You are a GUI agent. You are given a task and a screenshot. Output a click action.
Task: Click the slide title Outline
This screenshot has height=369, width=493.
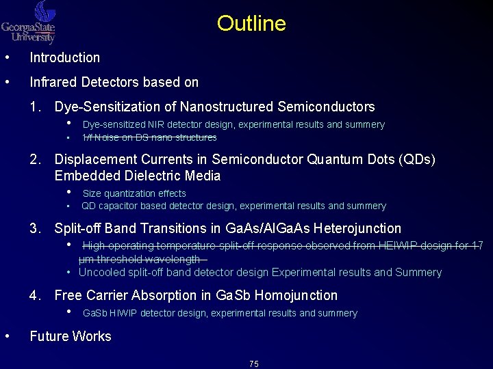point(251,24)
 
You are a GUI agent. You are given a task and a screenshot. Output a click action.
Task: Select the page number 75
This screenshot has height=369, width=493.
point(254,364)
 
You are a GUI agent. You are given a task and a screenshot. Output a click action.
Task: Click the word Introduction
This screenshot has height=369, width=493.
point(64,58)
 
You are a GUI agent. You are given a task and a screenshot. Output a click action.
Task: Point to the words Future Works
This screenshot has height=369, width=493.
point(71,336)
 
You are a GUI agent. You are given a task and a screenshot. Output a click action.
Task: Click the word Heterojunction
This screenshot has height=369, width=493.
point(357,228)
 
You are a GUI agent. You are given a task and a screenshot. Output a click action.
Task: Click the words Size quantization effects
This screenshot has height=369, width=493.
point(134,193)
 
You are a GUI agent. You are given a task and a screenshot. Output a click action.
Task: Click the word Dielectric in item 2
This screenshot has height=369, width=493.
point(131,176)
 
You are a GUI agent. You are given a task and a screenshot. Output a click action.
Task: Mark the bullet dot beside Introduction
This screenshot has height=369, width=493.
point(7,57)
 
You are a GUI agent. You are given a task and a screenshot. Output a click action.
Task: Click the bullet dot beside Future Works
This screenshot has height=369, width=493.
point(7,336)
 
